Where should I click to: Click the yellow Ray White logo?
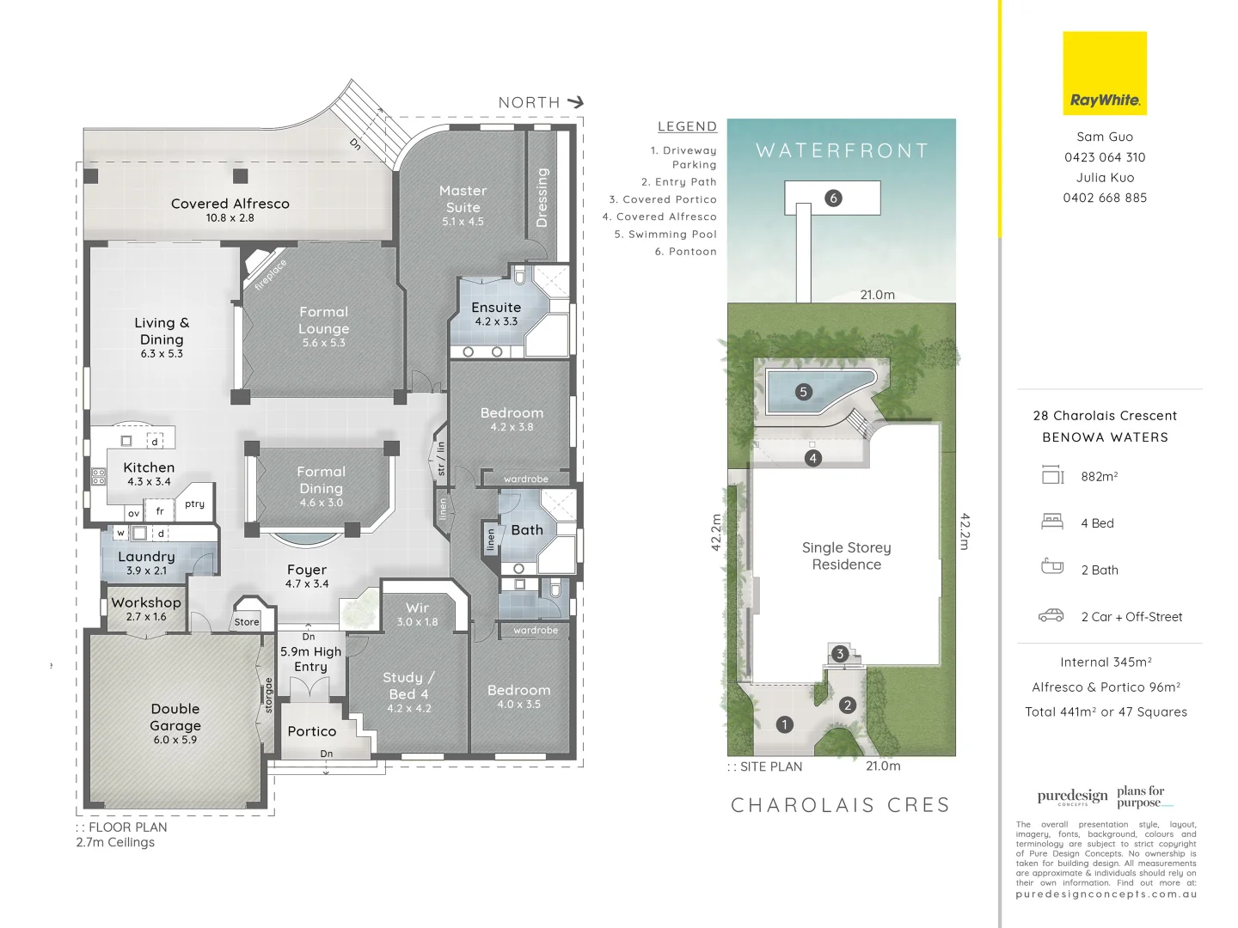[1105, 74]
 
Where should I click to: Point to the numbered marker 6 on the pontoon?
[832, 198]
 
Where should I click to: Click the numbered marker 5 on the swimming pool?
[803, 392]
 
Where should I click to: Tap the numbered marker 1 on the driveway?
[784, 724]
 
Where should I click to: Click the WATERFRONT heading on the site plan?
[842, 151]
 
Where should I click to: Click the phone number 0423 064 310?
[1105, 157]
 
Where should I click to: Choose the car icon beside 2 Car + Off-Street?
[1051, 616]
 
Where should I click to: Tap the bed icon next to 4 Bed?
[1052, 522]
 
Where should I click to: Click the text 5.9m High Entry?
[310, 659]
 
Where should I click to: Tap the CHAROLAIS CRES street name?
[840, 805]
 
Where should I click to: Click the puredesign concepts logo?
[1072, 797]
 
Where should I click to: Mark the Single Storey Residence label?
[846, 556]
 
